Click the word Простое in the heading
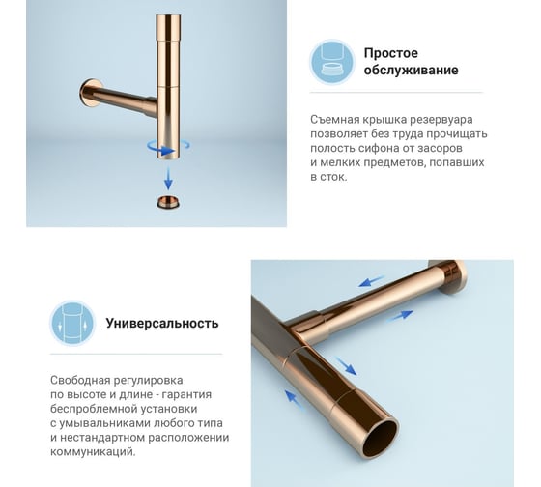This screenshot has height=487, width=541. coord(391,53)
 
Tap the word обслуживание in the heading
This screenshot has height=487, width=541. coord(411,71)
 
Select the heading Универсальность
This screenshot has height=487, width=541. coord(162,324)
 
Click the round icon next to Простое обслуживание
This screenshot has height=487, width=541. coord(332,63)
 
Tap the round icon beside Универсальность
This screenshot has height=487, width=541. coord(72,324)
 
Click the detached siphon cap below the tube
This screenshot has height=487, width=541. coord(168,202)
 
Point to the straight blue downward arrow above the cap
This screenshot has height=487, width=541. coord(168,179)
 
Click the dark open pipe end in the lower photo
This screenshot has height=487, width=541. coord(381,439)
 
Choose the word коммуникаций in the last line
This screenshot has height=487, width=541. coord(93,452)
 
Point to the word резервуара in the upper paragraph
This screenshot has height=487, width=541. coord(441,121)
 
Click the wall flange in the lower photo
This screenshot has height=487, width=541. coord(448,276)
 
